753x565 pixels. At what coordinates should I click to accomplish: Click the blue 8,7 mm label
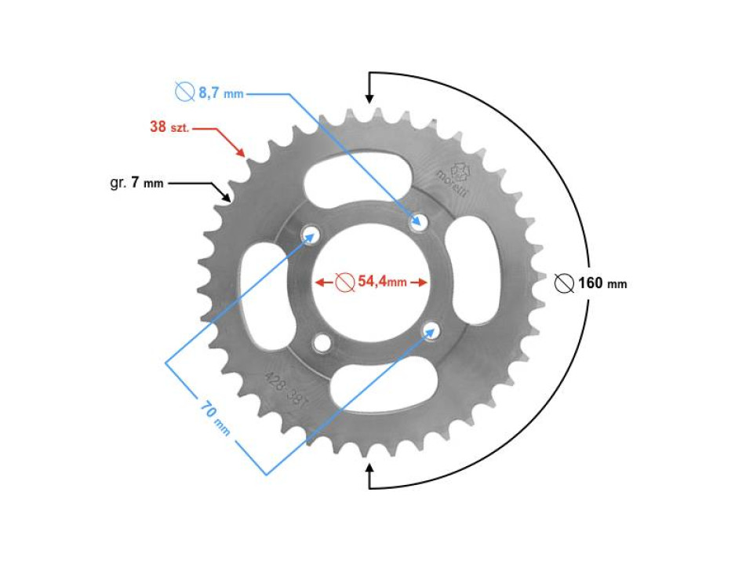[x=220, y=93]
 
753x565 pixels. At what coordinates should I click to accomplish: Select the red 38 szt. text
[x=169, y=126]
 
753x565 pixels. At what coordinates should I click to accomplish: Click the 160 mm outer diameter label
[x=602, y=283]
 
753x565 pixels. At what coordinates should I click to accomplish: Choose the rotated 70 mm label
[x=214, y=417]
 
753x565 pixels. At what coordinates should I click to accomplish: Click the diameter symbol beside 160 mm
[x=563, y=283]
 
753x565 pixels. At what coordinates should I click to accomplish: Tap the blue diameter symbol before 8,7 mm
[x=184, y=93]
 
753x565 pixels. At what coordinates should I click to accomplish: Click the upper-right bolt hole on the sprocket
[x=418, y=222]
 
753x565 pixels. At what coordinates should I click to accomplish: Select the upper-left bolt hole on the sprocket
[x=311, y=234]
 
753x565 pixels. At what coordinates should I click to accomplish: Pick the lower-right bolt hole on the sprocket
[x=430, y=330]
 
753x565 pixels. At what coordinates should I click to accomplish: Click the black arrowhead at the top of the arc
[x=369, y=99]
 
